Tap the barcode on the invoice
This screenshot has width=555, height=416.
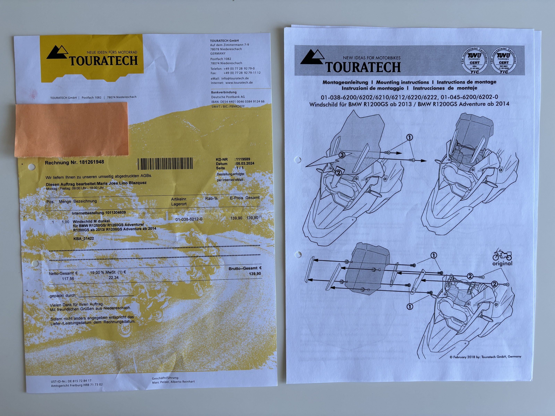pyautogui.click(x=165, y=163)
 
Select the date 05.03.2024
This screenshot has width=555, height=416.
pyautogui.click(x=245, y=163)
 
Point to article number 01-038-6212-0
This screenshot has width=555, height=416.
pyautogui.click(x=189, y=219)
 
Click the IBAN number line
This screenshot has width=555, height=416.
pyautogui.click(x=238, y=102)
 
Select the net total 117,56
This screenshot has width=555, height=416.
pyautogui.click(x=68, y=279)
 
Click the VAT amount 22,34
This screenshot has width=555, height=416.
pyautogui.click(x=113, y=278)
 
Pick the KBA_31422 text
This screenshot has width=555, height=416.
pyautogui.click(x=84, y=239)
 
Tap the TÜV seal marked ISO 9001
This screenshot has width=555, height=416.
pyautogui.click(x=503, y=61)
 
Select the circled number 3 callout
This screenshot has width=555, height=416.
pyautogui.click(x=342, y=155)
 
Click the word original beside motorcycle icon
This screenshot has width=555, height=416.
pyautogui.click(x=502, y=263)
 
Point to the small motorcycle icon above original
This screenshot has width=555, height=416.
pyautogui.click(x=502, y=255)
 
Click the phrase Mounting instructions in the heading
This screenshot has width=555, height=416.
pyautogui.click(x=402, y=82)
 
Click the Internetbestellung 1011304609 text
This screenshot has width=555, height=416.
pyautogui.click(x=99, y=213)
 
